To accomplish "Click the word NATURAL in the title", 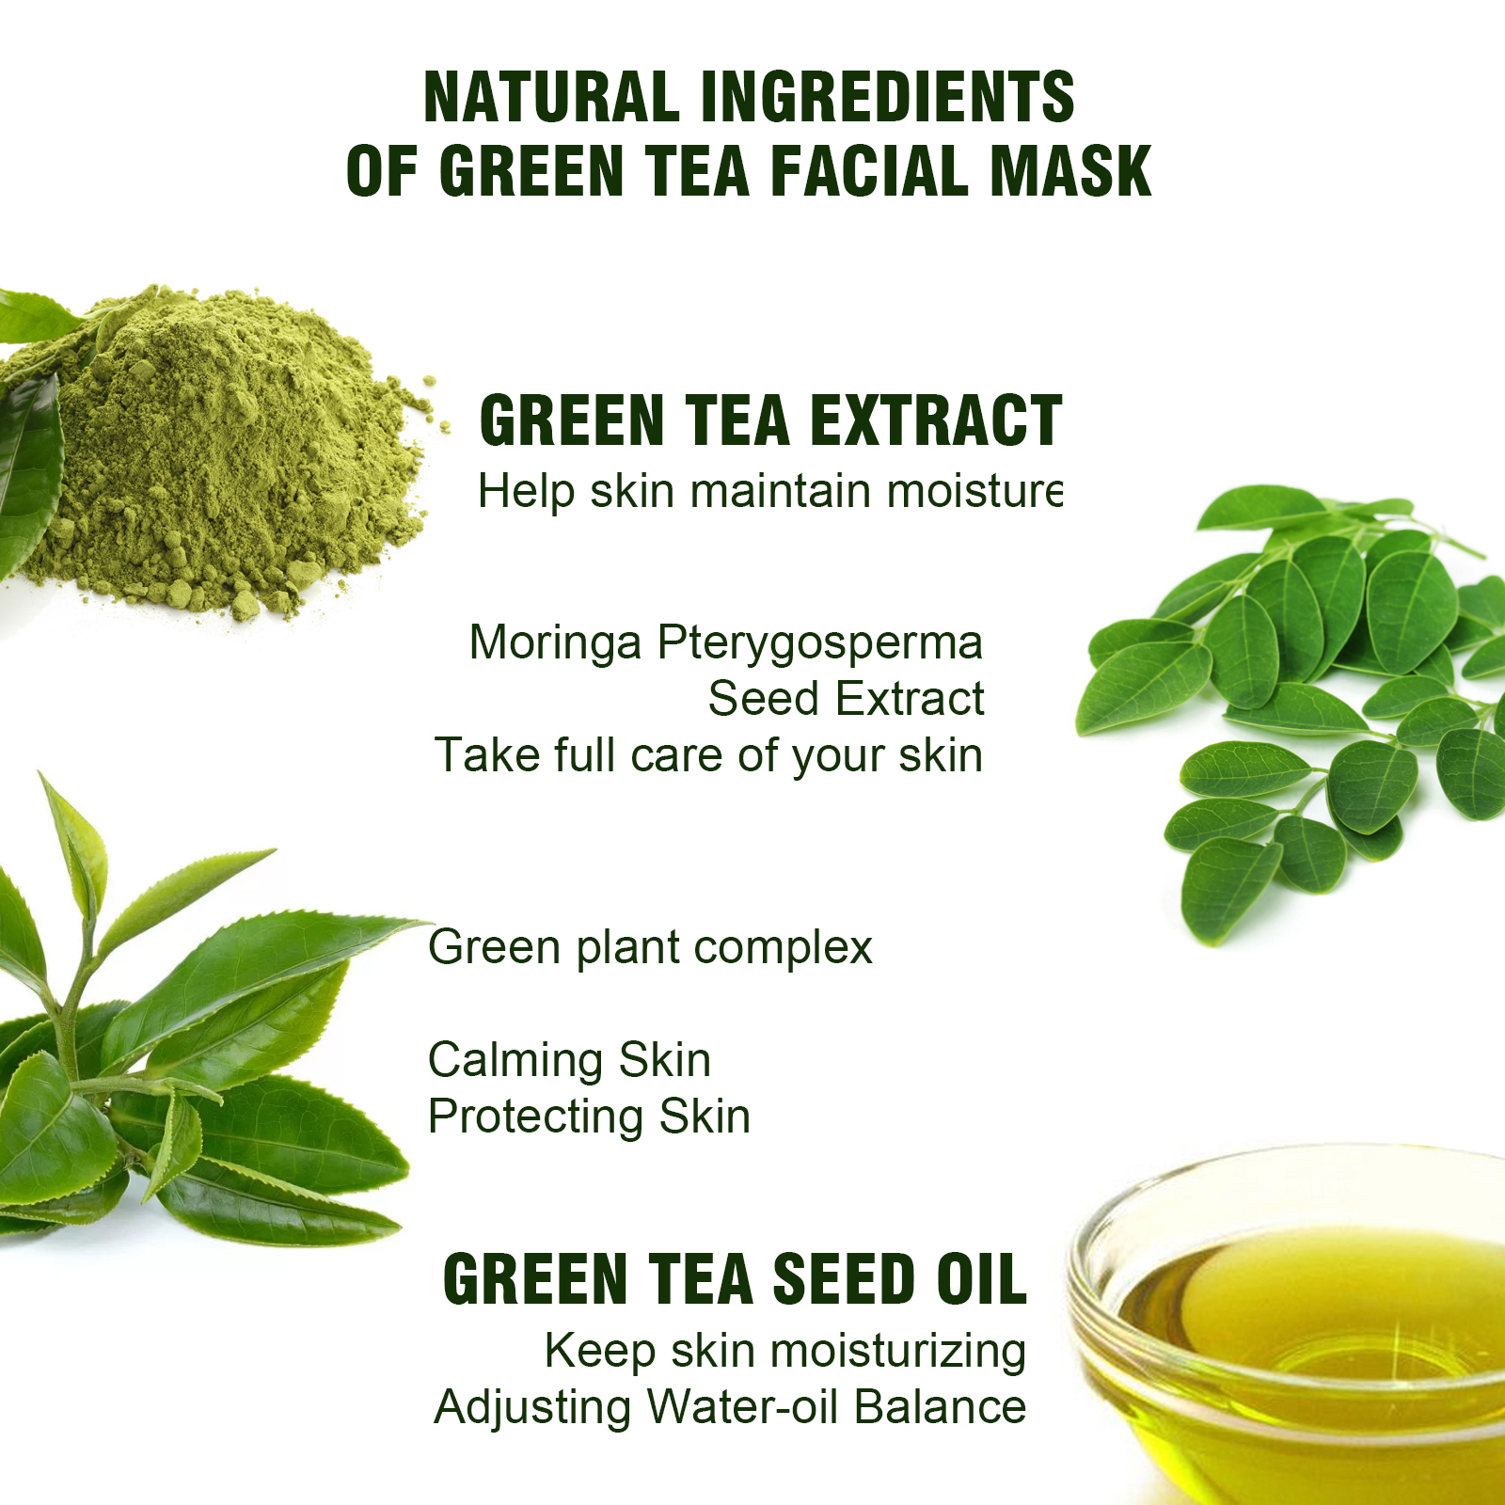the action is pyautogui.click(x=551, y=97).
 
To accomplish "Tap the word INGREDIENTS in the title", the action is pyautogui.click(x=887, y=97).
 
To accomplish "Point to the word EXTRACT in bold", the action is pyautogui.click(x=936, y=420).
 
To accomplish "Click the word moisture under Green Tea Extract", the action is pyautogui.click(x=969, y=491).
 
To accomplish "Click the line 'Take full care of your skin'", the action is pyautogui.click(x=708, y=755).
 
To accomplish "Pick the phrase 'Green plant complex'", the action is pyautogui.click(x=650, y=948).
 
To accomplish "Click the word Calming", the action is pyautogui.click(x=515, y=1061).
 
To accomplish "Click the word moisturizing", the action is pyautogui.click(x=898, y=1352).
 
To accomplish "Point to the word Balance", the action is pyautogui.click(x=941, y=1408).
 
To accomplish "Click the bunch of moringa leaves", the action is pyautogui.click(x=1298, y=705).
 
